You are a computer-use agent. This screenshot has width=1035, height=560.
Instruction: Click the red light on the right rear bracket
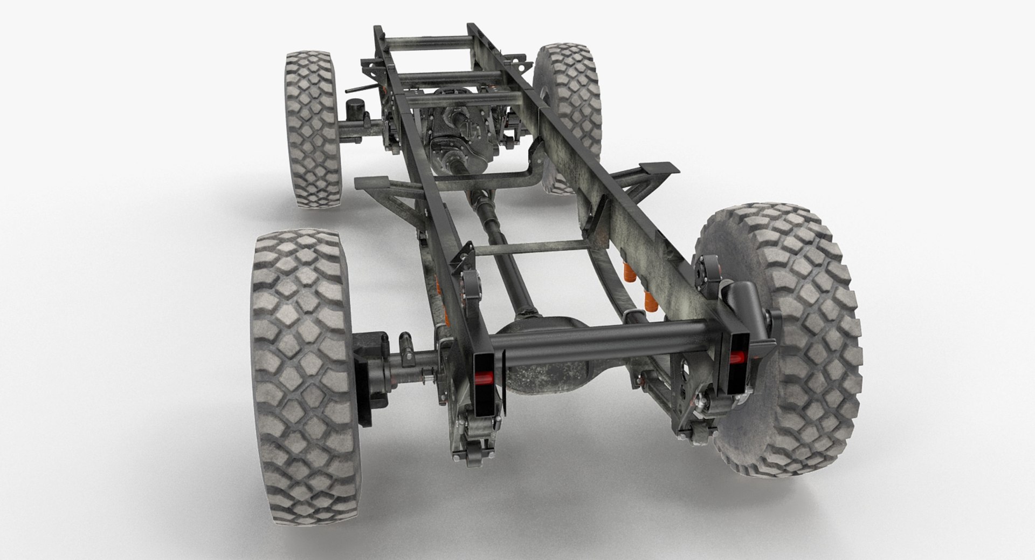pyautogui.click(x=737, y=357)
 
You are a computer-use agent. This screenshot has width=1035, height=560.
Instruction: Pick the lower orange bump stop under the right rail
pyautogui.click(x=649, y=299)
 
